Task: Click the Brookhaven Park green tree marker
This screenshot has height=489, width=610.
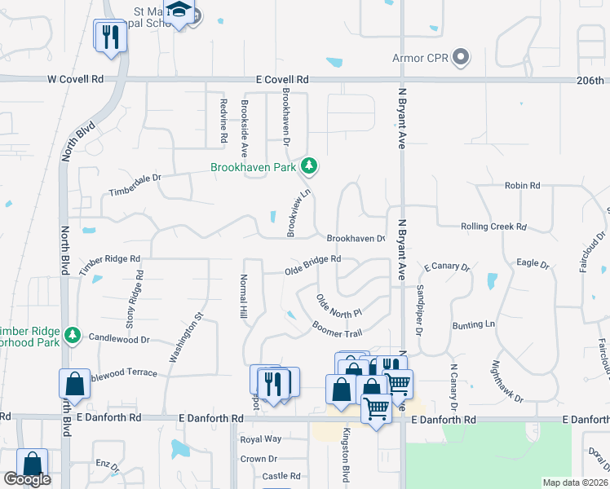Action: coord(309,167)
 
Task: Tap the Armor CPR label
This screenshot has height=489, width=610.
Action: coord(421,58)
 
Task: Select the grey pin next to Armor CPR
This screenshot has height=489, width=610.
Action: coord(462,57)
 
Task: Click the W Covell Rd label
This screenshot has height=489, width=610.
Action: coord(76,80)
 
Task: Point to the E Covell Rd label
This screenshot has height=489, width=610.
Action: coord(282,80)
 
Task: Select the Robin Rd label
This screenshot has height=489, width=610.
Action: coord(523,186)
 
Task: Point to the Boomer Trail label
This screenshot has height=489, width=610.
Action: coord(336,328)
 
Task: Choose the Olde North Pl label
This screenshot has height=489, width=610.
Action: coord(338,306)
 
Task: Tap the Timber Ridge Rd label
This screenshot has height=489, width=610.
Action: coord(110,263)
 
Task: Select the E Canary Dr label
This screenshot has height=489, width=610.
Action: coord(447,267)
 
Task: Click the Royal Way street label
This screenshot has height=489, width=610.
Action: coord(260,438)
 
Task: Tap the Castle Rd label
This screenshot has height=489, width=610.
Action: coord(281,475)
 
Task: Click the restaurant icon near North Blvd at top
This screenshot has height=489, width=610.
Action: coord(110,35)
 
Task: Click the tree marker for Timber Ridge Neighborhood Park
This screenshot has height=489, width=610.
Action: coord(73,334)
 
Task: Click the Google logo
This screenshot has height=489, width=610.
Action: coord(27,479)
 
